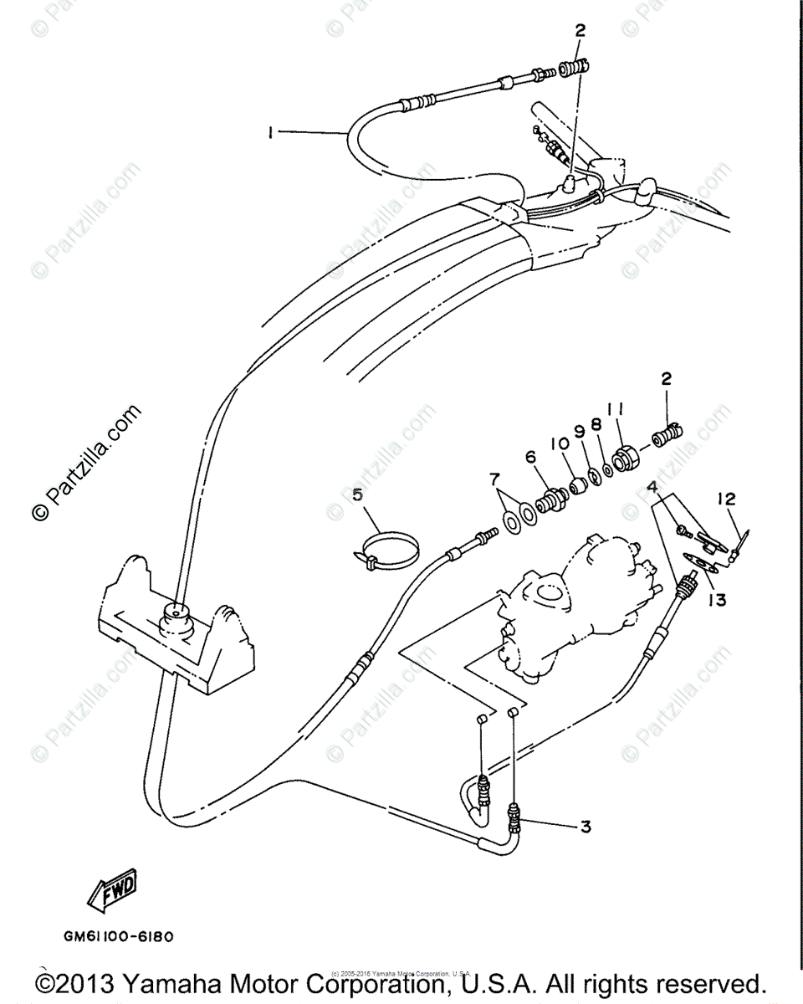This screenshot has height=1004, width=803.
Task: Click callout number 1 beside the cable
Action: pyautogui.click(x=270, y=132)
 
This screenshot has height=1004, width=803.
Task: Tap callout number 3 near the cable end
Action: pyautogui.click(x=586, y=827)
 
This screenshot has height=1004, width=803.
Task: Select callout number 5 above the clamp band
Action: pyautogui.click(x=358, y=494)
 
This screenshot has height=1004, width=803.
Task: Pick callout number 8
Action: pyautogui.click(x=596, y=424)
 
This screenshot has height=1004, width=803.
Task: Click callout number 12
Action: pyautogui.click(x=725, y=499)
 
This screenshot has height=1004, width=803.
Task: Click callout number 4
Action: pyautogui.click(x=651, y=487)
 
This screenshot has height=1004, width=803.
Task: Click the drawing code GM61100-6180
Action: pyautogui.click(x=118, y=937)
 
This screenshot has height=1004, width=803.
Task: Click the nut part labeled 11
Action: pyautogui.click(x=627, y=459)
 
